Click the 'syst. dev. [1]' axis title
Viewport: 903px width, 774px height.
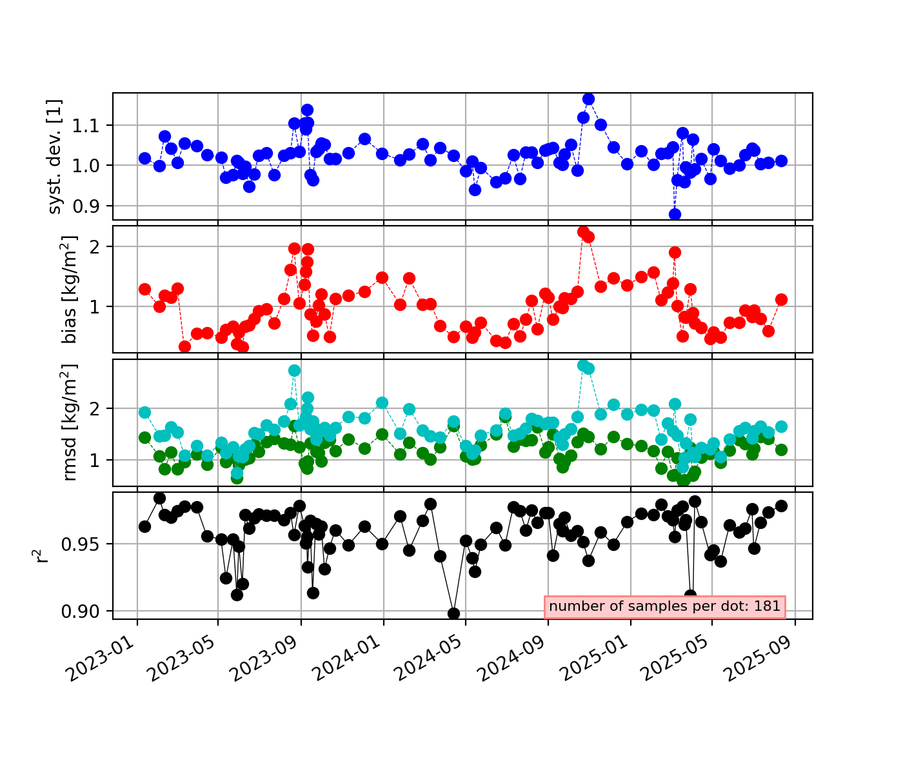[56, 157]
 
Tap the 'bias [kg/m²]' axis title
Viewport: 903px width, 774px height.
[70, 290]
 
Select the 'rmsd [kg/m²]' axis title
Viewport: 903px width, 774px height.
[70, 422]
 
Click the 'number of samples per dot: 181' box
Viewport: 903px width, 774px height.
[665, 606]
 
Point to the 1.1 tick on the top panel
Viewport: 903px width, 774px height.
[92, 125]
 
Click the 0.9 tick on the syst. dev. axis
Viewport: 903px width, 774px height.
[92, 206]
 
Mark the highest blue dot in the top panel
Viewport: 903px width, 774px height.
[588, 99]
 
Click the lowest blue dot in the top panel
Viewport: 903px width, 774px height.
[675, 214]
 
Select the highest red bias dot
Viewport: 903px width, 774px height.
[583, 232]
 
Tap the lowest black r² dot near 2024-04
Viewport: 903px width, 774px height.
[453, 613]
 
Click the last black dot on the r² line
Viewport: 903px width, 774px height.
[781, 506]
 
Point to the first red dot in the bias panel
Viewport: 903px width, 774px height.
[144, 289]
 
